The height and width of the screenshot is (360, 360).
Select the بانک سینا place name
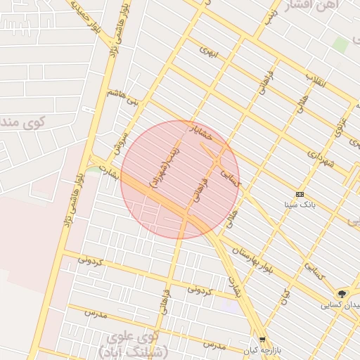[300, 205]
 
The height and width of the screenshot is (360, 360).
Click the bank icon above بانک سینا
[300, 194]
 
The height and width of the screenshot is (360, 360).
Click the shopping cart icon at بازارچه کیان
[262, 339]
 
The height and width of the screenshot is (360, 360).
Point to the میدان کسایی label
[340, 305]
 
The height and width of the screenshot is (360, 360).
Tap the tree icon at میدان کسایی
[342, 293]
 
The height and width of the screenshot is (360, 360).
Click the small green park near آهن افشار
[340, 44]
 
